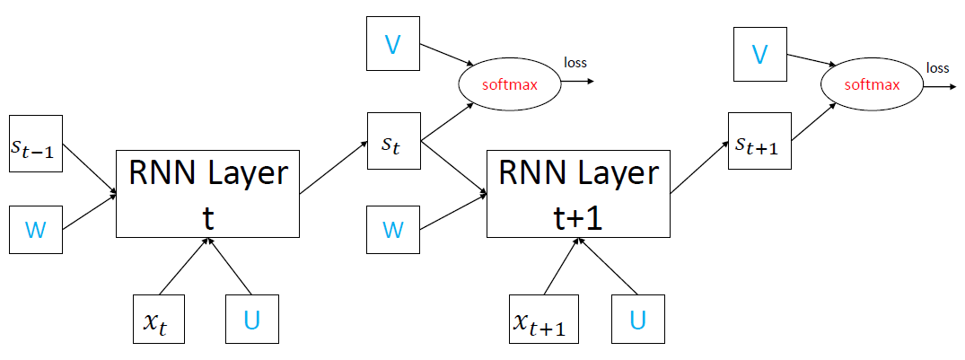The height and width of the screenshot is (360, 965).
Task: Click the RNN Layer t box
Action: click(207, 194)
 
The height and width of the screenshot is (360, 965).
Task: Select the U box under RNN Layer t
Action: click(253, 320)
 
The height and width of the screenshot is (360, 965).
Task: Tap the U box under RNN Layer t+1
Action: click(637, 320)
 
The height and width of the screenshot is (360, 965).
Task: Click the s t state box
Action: click(393, 141)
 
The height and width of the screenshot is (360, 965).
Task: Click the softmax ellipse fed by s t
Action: click(509, 84)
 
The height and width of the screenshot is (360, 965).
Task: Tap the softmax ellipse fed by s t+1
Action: click(872, 86)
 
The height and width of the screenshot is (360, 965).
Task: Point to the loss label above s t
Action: click(575, 62)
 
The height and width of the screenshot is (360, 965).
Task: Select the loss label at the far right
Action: click(937, 67)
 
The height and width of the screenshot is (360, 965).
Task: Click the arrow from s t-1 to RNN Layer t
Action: click(90, 171)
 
